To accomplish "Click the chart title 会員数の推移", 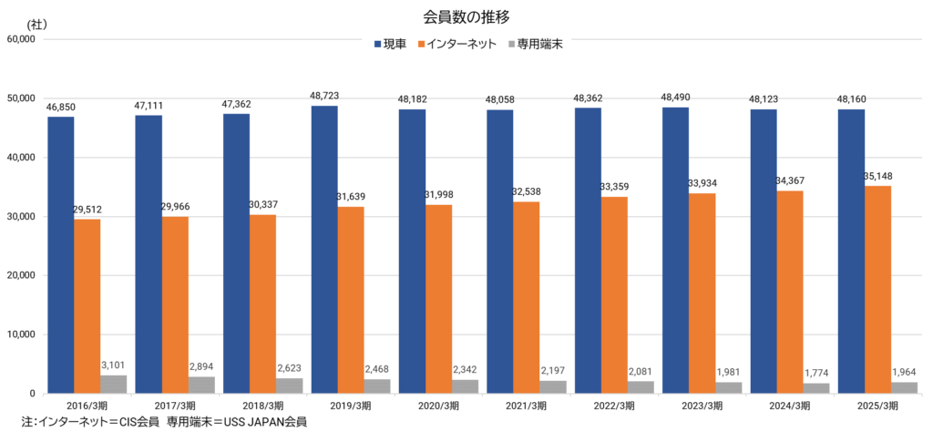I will coord(466,16).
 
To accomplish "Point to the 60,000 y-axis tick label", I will coord(20,40).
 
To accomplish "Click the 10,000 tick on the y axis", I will coord(20,334).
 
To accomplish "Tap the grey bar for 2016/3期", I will coord(114,385).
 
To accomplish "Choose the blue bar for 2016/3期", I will coord(61,255).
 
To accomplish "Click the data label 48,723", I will coord(324,96).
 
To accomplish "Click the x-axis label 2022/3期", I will coord(614,405).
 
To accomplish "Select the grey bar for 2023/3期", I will coord(729,387).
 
